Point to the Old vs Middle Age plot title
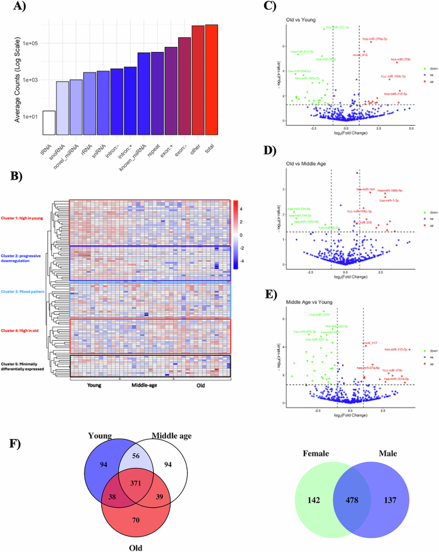click(x=308, y=169)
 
